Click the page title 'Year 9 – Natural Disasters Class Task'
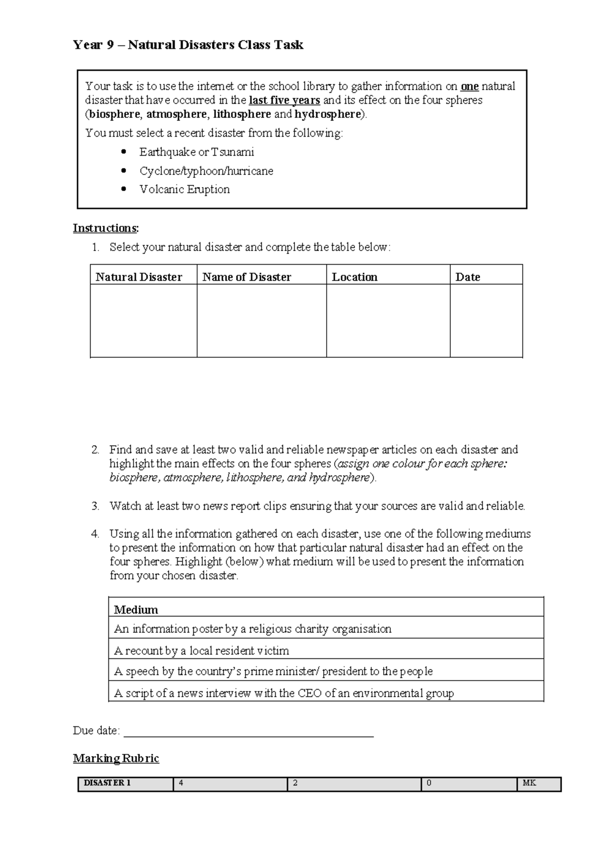click(x=188, y=45)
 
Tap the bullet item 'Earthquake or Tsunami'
click(x=197, y=152)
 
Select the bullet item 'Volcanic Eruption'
click(x=185, y=190)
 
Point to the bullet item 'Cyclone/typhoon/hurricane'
click(x=206, y=171)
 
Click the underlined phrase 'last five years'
click(x=284, y=100)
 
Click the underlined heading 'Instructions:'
click(x=105, y=228)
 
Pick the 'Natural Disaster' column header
click(x=139, y=277)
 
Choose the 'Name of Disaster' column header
click(x=247, y=277)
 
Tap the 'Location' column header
click(x=354, y=277)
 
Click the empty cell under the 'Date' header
click(x=486, y=321)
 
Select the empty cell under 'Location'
click(x=388, y=321)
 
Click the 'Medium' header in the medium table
click(x=136, y=609)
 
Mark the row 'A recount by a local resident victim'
click(x=202, y=650)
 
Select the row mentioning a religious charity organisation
click(x=253, y=629)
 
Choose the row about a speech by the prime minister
click(x=273, y=671)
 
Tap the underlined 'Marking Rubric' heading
click(x=116, y=758)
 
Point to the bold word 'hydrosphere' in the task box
click(x=328, y=114)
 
